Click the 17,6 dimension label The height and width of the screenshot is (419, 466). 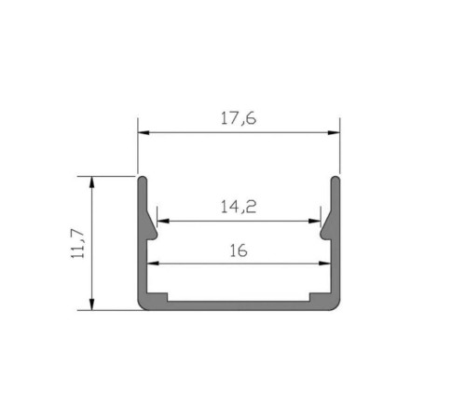(x=239, y=118)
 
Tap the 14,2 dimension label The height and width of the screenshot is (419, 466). (x=239, y=207)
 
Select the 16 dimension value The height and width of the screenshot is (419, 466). (x=239, y=250)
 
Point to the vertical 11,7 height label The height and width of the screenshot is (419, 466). (x=77, y=244)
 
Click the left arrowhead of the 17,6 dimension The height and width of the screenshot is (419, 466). (x=144, y=132)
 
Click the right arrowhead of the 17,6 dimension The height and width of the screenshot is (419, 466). (x=334, y=132)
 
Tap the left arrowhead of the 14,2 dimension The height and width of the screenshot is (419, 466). (x=163, y=221)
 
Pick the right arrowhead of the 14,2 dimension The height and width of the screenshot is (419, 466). (x=314, y=221)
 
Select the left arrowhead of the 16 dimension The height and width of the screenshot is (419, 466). (x=153, y=264)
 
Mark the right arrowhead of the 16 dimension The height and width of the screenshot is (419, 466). (x=324, y=264)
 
